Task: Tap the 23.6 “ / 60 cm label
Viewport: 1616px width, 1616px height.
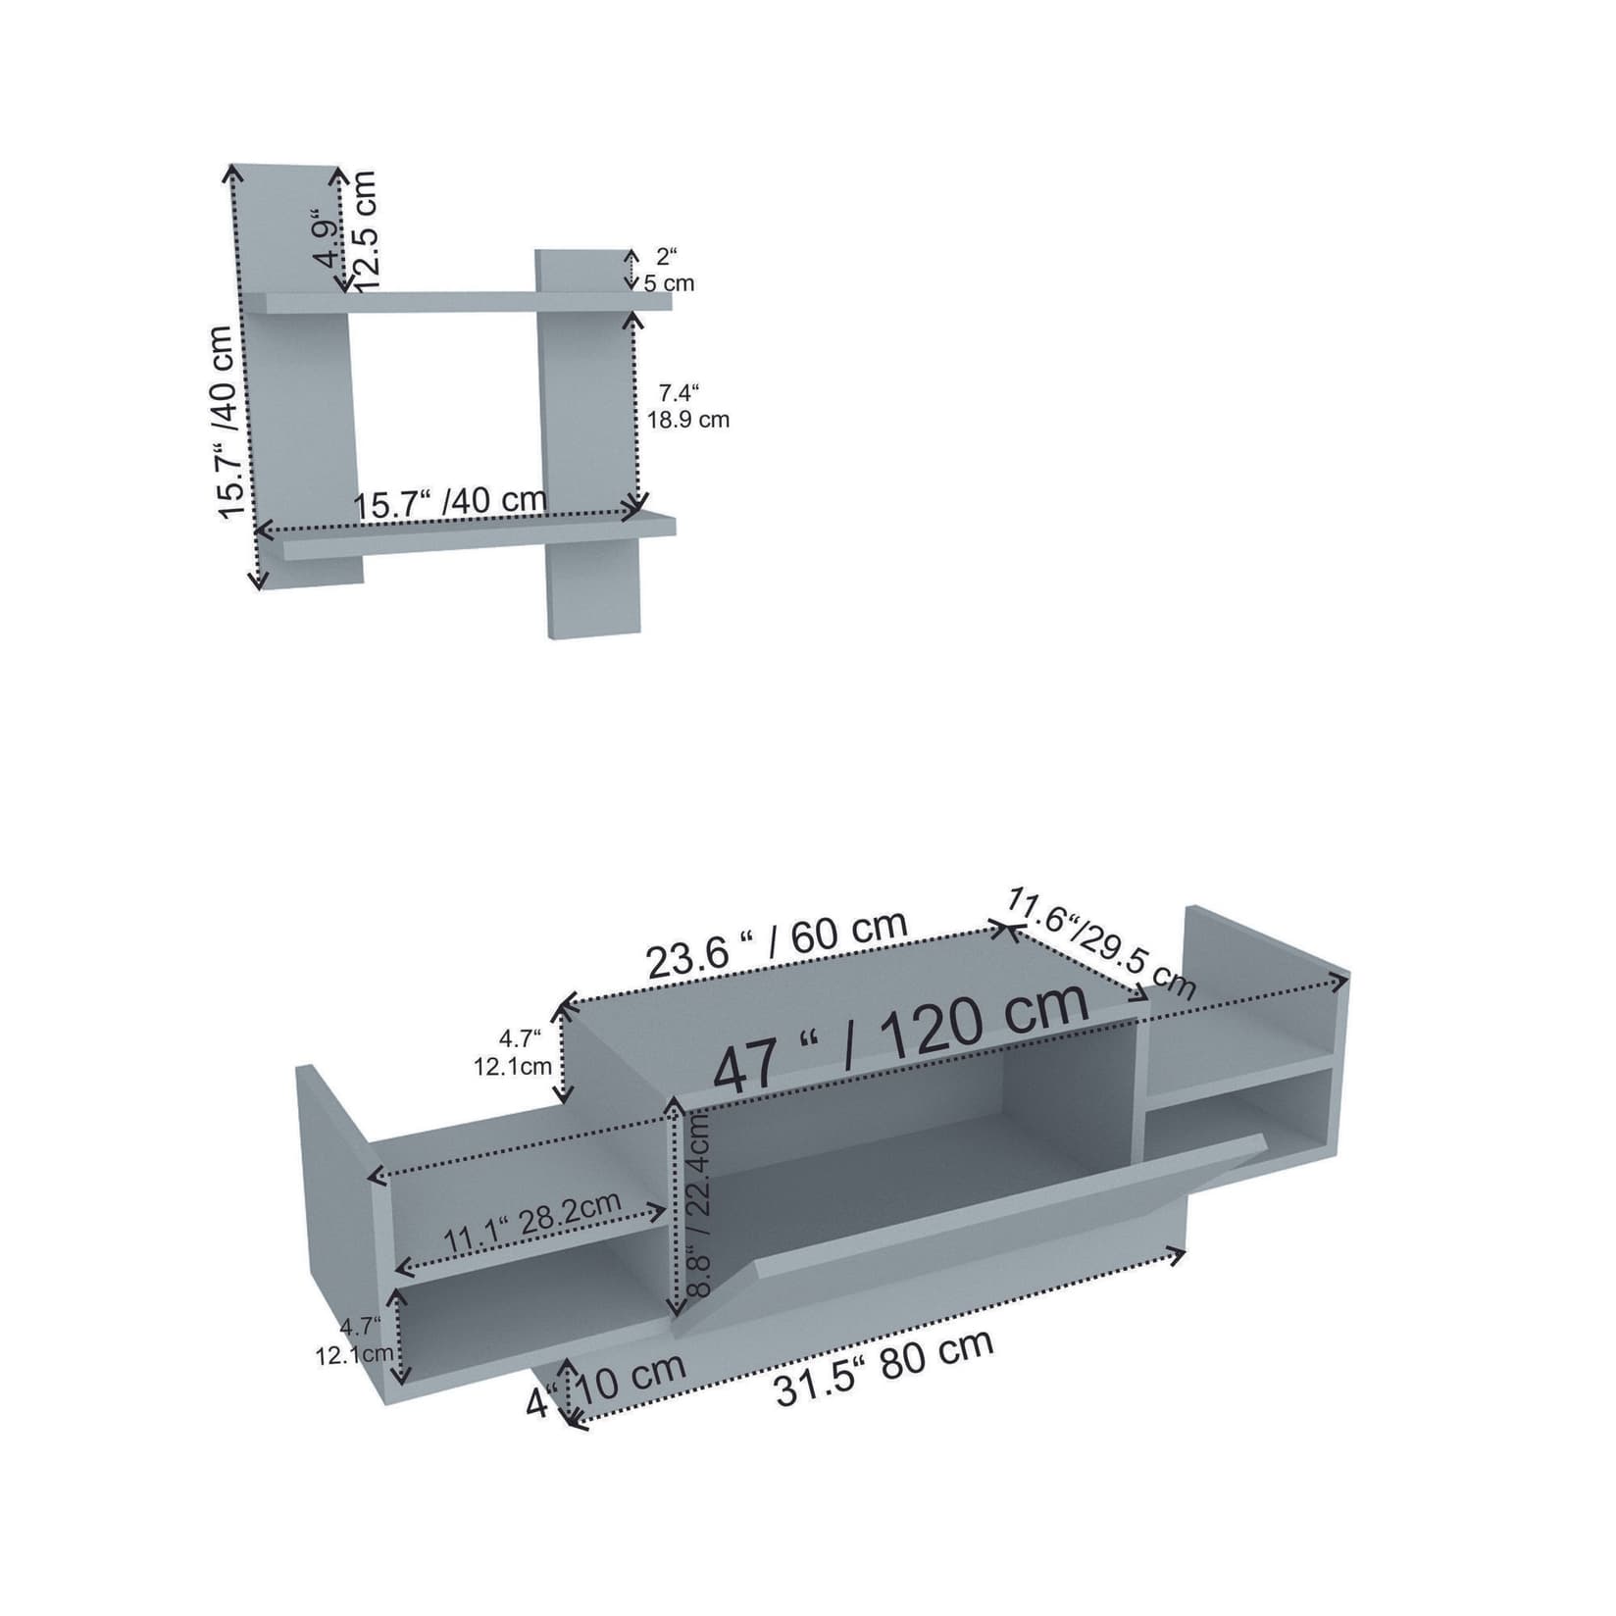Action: (777, 945)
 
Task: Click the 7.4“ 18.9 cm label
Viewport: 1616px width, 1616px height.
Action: (687, 407)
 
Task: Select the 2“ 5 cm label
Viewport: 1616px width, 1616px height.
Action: (669, 271)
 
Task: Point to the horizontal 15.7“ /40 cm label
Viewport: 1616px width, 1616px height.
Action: (450, 504)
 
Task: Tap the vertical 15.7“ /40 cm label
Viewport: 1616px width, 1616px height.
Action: (227, 422)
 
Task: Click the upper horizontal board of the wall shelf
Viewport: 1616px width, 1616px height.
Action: (456, 301)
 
